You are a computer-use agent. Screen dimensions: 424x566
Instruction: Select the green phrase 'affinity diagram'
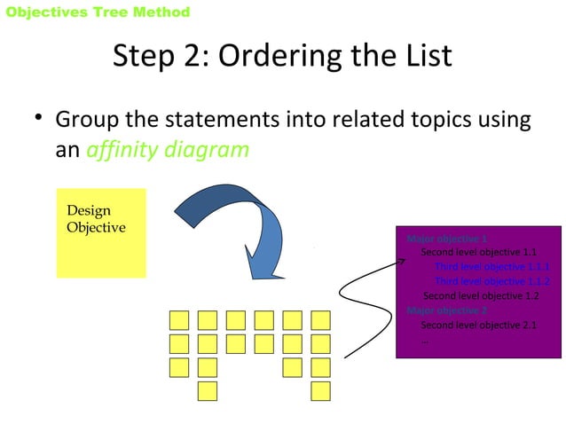[x=168, y=149]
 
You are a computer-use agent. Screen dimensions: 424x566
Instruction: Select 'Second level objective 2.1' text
[x=478, y=325]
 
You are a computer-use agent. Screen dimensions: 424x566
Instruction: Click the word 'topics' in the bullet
[x=440, y=119]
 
